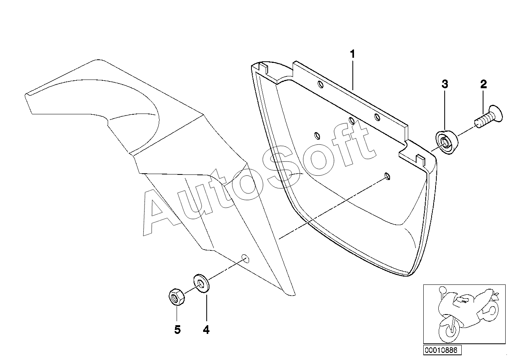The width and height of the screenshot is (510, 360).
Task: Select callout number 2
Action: [483, 84]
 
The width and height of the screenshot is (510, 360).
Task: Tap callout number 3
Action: [445, 84]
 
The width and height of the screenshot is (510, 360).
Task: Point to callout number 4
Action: [206, 330]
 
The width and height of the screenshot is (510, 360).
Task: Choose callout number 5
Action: [177, 330]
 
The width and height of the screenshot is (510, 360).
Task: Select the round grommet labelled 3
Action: [446, 143]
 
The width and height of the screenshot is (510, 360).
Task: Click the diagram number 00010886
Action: [440, 350]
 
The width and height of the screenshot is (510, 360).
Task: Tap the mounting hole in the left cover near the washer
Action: [245, 259]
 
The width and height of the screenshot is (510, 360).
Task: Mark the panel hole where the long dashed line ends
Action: [387, 176]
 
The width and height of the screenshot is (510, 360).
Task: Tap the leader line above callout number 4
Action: [206, 309]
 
